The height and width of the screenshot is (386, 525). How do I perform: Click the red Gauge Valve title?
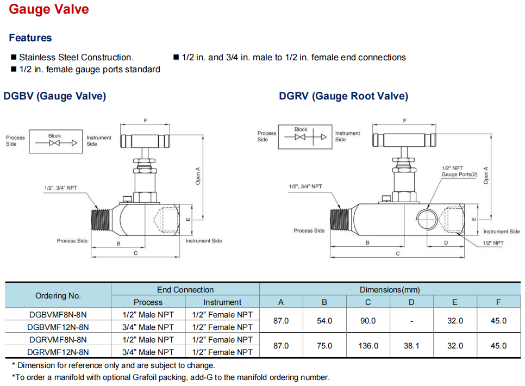click(49, 9)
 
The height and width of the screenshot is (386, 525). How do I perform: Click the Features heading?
click(30, 38)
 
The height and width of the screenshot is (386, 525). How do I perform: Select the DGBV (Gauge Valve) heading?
click(54, 96)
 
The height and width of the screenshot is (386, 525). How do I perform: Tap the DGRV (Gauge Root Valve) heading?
click(343, 96)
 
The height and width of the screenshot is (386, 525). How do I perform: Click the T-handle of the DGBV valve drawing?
click(145, 141)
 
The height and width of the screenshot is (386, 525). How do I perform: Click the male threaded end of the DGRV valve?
click(340, 220)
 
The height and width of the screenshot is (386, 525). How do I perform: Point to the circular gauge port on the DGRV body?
click(427, 219)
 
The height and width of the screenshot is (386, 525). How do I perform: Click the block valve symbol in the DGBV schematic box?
click(54, 143)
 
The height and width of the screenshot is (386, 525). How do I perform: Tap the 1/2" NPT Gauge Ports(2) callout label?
click(459, 171)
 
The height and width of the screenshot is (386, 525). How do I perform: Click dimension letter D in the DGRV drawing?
click(446, 242)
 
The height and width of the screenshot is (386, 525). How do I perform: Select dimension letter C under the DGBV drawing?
click(136, 253)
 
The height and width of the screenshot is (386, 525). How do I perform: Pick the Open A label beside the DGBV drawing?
click(198, 176)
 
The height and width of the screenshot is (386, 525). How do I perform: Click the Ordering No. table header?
click(58, 296)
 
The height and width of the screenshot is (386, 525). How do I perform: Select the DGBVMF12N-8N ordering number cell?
click(58, 327)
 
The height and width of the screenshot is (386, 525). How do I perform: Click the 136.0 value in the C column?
click(368, 346)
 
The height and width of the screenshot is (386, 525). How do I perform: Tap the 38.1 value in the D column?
click(411, 346)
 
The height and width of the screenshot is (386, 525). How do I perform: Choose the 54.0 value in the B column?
click(324, 321)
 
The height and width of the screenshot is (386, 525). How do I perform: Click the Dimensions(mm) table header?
click(390, 289)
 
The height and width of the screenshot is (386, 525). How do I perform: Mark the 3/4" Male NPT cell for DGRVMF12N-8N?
click(148, 352)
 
